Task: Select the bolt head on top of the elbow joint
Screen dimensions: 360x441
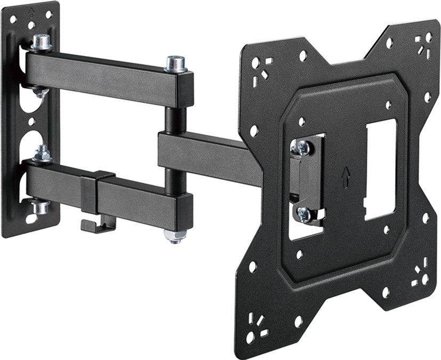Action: [175, 63]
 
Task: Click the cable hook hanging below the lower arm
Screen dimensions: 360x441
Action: [98, 224]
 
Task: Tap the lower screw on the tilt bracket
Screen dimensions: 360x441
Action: [304, 214]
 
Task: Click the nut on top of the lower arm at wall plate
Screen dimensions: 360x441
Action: [42, 155]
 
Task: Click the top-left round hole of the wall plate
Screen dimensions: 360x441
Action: [13, 19]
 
